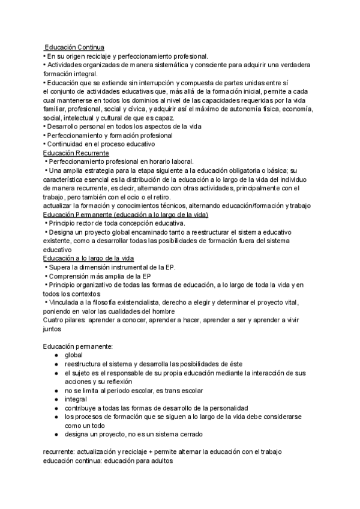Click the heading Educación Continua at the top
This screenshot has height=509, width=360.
[75, 47]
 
